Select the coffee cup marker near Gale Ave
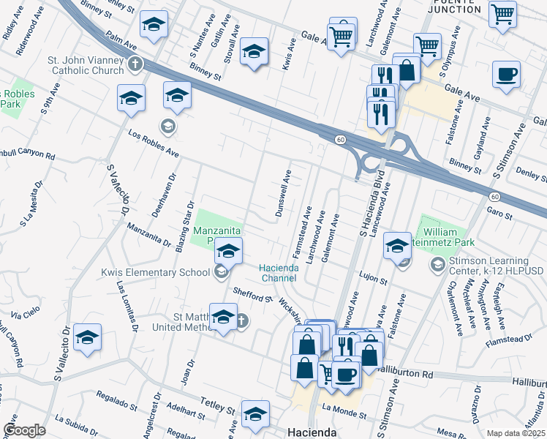pos(506,75)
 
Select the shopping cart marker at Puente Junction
pos(502,12)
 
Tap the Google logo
pos(23,429)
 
